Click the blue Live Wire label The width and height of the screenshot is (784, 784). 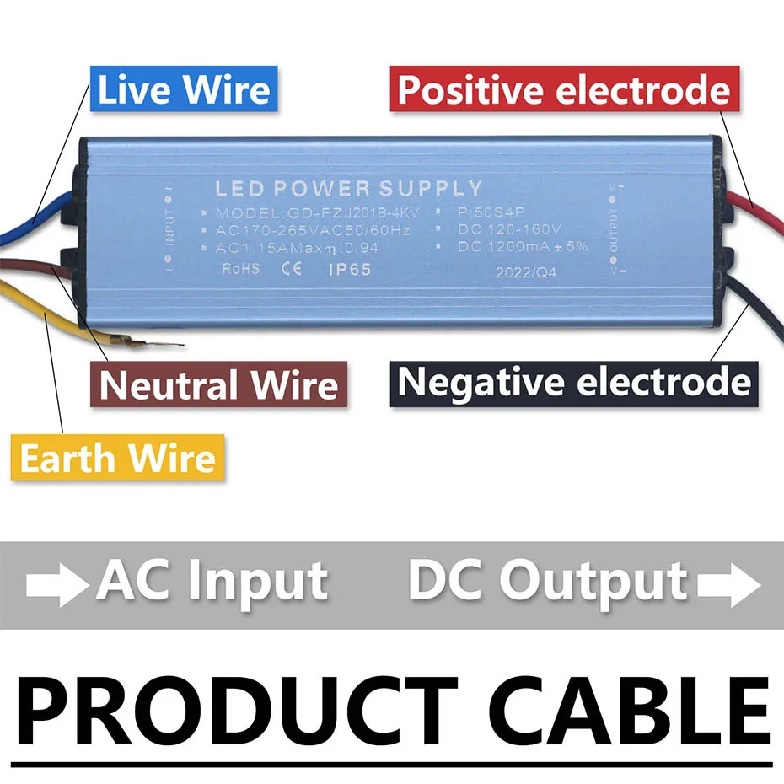tap(184, 90)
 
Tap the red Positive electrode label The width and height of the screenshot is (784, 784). tap(563, 90)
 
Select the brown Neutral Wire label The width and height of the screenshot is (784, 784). tap(219, 386)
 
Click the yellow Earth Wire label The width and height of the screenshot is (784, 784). tap(118, 459)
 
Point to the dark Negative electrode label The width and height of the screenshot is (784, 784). tap(574, 382)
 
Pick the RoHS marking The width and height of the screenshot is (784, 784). tap(241, 269)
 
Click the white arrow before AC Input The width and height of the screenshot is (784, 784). tap(57, 584)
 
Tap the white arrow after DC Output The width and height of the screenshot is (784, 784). tap(728, 583)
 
